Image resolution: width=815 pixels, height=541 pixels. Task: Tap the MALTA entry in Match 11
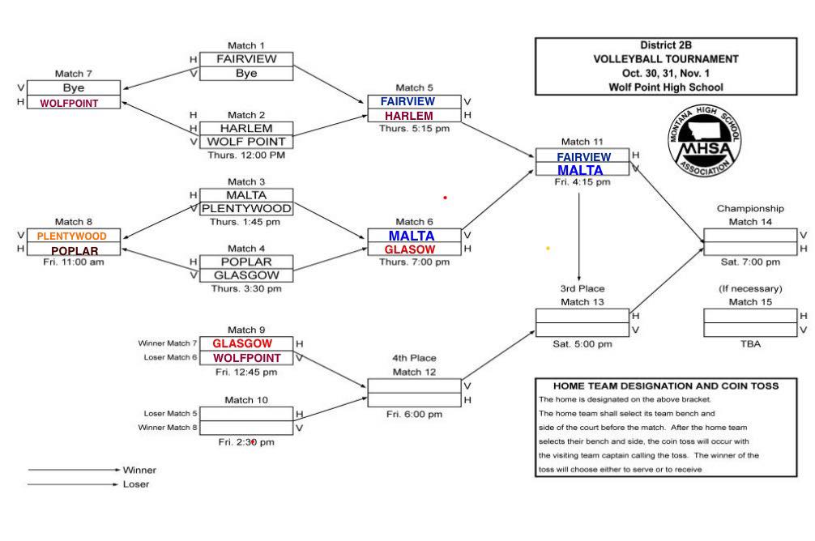click(x=580, y=170)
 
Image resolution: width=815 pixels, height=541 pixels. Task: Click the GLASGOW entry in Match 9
click(x=242, y=343)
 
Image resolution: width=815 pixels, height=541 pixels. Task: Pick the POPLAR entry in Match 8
click(x=75, y=250)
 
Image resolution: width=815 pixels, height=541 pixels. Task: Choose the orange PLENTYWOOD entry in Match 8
click(x=72, y=236)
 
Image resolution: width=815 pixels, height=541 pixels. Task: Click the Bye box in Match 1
click(x=246, y=73)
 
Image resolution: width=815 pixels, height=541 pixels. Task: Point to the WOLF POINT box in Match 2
click(x=246, y=142)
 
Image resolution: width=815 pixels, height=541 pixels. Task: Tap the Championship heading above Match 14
click(x=750, y=209)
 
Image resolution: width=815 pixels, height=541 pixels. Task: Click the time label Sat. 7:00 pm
click(x=750, y=262)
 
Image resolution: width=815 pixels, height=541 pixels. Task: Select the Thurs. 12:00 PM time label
click(x=246, y=155)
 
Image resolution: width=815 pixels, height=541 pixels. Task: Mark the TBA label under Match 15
click(x=750, y=343)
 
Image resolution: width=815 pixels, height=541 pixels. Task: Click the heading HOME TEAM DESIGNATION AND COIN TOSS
click(x=665, y=386)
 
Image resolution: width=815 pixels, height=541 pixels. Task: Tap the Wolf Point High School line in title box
click(x=666, y=87)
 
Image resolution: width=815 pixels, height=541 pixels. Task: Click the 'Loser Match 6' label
click(x=170, y=357)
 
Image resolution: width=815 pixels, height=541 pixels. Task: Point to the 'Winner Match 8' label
click(x=168, y=427)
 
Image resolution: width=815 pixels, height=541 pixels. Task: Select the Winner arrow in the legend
click(x=74, y=470)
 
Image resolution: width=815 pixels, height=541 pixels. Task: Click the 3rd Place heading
click(x=582, y=288)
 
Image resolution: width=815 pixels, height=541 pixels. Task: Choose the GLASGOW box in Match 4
click(x=246, y=275)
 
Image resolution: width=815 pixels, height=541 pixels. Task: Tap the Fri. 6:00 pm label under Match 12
click(x=414, y=415)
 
